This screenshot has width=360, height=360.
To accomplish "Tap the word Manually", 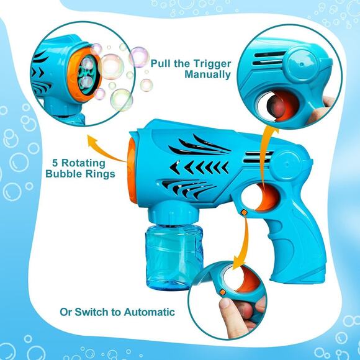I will [208, 75].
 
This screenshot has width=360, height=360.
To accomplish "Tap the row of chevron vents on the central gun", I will [199, 167].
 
